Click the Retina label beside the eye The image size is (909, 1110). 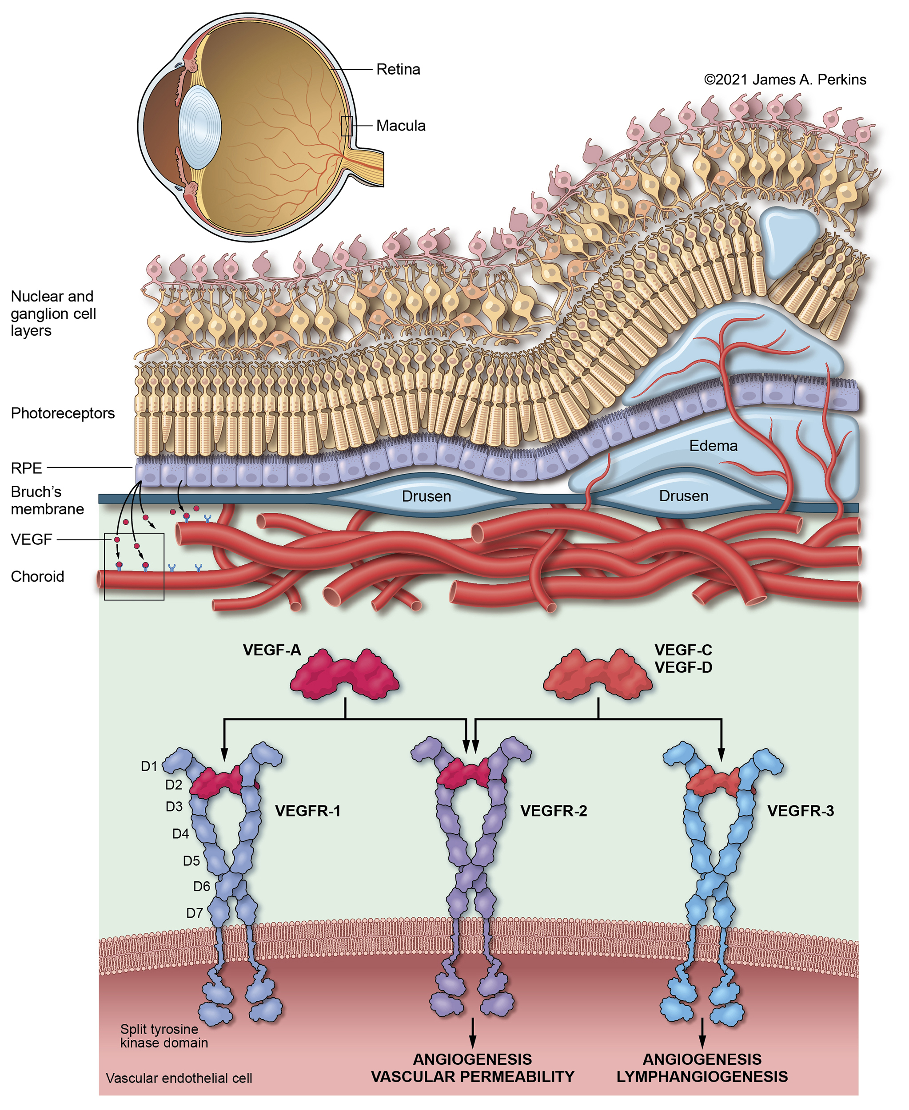(x=398, y=70)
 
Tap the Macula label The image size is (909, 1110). (x=401, y=126)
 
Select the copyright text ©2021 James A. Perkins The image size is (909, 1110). (x=785, y=79)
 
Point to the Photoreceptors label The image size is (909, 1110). (x=63, y=413)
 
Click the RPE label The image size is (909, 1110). (x=26, y=468)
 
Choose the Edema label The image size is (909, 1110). (x=713, y=446)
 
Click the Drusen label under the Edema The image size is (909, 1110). (x=683, y=496)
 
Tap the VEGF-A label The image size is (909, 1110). (x=272, y=650)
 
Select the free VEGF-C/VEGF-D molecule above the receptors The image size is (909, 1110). (x=598, y=675)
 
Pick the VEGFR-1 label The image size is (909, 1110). (x=308, y=811)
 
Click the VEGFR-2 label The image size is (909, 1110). (x=554, y=811)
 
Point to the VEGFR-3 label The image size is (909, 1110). (x=800, y=811)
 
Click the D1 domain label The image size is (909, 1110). (x=149, y=767)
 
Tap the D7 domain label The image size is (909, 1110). (x=194, y=913)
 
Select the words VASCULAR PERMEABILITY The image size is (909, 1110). (x=472, y=1077)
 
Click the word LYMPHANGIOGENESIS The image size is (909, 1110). (x=702, y=1077)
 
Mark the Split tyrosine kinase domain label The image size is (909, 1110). (x=164, y=1036)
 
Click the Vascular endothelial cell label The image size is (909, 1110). (x=179, y=1078)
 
